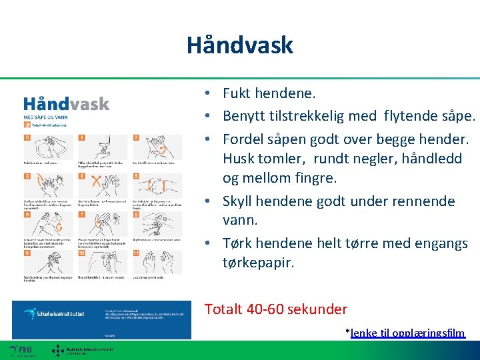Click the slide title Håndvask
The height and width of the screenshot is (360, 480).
point(239,45)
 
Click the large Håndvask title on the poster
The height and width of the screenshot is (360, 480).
point(67,104)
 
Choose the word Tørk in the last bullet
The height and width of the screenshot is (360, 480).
point(236,243)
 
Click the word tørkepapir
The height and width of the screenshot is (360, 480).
point(259,263)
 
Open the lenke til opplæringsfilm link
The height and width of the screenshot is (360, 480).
point(407,333)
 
